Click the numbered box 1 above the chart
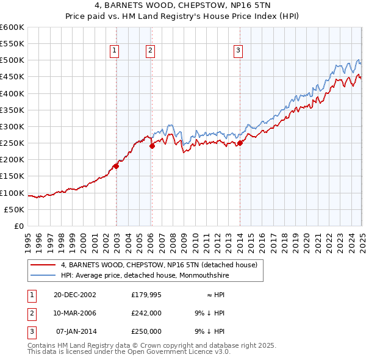click(114, 51)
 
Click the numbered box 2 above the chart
click(149, 51)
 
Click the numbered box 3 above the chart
click(237, 51)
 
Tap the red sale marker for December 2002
click(116, 166)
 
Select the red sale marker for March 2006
click(152, 145)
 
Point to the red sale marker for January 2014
click(240, 143)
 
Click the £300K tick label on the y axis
click(12, 126)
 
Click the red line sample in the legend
click(42, 265)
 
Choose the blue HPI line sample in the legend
click(42, 275)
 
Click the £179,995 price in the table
click(146, 294)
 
